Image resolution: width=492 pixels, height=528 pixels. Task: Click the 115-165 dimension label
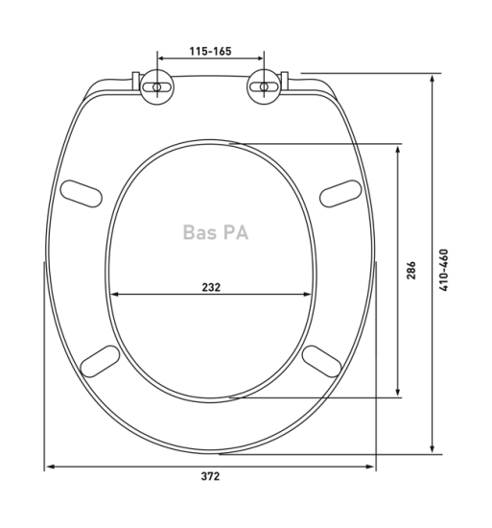211,51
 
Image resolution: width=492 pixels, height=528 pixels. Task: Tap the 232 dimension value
211,287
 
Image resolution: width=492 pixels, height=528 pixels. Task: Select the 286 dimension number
410,270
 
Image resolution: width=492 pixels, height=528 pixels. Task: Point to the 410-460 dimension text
444,270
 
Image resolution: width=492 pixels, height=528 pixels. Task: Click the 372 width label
211,476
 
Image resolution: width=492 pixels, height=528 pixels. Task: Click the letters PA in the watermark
236,232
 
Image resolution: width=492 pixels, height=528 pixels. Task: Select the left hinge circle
157,86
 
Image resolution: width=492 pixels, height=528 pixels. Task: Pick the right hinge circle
265,86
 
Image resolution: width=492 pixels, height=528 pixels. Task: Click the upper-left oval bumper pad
82,194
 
